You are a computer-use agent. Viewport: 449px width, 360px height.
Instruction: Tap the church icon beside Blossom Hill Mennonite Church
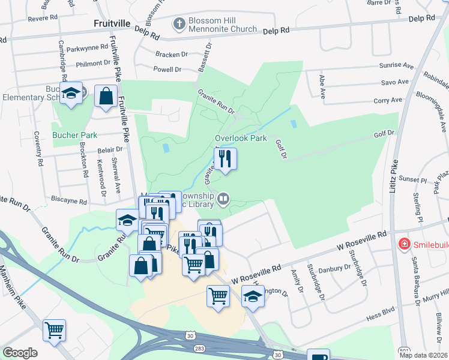point(178,24)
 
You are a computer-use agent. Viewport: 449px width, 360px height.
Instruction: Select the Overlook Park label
point(241,138)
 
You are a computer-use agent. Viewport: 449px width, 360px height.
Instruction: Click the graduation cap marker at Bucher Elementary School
point(71,93)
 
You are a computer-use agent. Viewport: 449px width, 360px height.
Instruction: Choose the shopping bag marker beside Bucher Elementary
point(106,95)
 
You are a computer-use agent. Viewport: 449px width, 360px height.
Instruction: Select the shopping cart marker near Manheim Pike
point(54,329)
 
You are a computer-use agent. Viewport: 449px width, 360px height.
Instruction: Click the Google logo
point(20,353)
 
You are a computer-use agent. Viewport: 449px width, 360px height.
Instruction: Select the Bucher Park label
point(74,135)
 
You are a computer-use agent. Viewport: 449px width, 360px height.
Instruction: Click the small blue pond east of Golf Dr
point(293,124)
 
